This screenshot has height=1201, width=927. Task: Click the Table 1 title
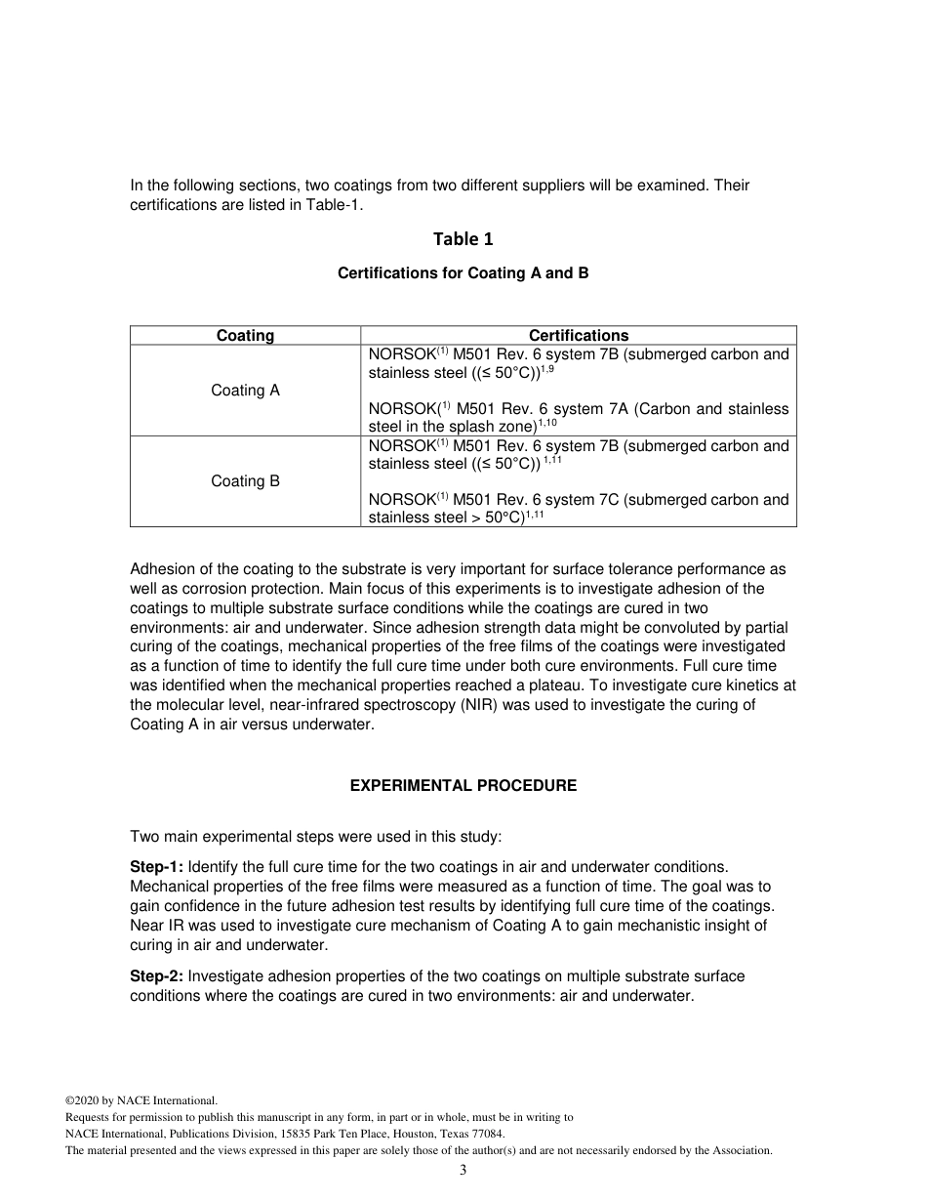coord(463,239)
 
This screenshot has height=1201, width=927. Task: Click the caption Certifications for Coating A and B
coord(463,273)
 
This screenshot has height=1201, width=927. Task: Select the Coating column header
coord(245,335)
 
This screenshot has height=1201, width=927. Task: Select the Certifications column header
coord(579,335)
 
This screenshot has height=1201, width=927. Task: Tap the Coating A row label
coord(245,391)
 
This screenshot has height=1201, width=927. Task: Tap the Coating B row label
coord(245,481)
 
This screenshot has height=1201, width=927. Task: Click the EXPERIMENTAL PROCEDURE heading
coord(463,786)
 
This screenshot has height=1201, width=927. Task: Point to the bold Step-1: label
coord(156,867)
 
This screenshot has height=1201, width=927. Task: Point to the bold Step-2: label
coord(156,976)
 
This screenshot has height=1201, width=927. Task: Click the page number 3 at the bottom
coord(463,1171)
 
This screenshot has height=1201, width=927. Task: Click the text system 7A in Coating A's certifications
coord(594,409)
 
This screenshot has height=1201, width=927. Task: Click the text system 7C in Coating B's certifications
coord(594,500)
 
